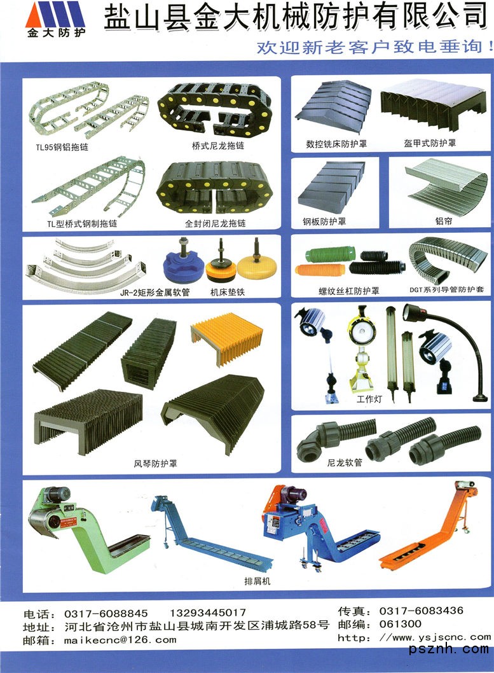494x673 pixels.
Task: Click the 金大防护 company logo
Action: tap(55, 20)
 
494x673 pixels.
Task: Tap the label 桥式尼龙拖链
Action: tap(217, 146)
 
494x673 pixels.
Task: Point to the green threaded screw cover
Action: tap(330, 254)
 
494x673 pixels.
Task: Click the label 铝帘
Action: tap(443, 221)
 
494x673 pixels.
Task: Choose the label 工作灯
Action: tap(369, 399)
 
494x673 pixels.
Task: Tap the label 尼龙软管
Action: tap(345, 462)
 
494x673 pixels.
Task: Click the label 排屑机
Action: tap(257, 581)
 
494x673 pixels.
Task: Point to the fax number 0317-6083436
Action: tap(421, 610)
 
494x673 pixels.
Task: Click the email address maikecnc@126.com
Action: tap(120, 640)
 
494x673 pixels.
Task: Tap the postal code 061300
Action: tap(400, 623)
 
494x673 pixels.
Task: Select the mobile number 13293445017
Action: tap(208, 613)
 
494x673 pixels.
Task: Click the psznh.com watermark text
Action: tap(449, 649)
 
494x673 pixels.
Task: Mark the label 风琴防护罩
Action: tap(155, 464)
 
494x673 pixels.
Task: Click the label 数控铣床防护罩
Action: tap(336, 144)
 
